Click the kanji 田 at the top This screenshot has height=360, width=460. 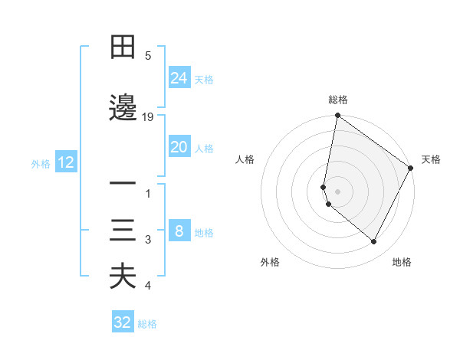[x=123, y=48]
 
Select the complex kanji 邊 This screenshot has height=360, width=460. [x=123, y=107]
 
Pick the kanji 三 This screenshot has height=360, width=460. [x=123, y=231]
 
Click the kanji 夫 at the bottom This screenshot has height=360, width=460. [x=123, y=277]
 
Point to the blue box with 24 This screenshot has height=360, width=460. [x=179, y=78]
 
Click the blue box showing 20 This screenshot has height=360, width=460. [x=179, y=147]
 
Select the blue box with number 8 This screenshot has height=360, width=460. [x=179, y=231]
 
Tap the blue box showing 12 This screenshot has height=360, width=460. [x=65, y=162]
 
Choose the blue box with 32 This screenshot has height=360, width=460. [x=123, y=322]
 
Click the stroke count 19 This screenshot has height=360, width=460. [x=148, y=117]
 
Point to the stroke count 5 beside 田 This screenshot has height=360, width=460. [x=148, y=56]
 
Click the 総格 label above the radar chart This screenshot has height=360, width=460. [x=338, y=100]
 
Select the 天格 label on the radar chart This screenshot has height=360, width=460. [x=432, y=159]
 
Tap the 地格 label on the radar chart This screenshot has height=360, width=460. [x=402, y=262]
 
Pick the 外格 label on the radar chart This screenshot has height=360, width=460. [x=270, y=262]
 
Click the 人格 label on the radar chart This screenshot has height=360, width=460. [x=245, y=159]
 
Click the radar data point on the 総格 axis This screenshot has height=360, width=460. [x=338, y=116]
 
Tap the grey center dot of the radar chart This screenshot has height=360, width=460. [x=338, y=191]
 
